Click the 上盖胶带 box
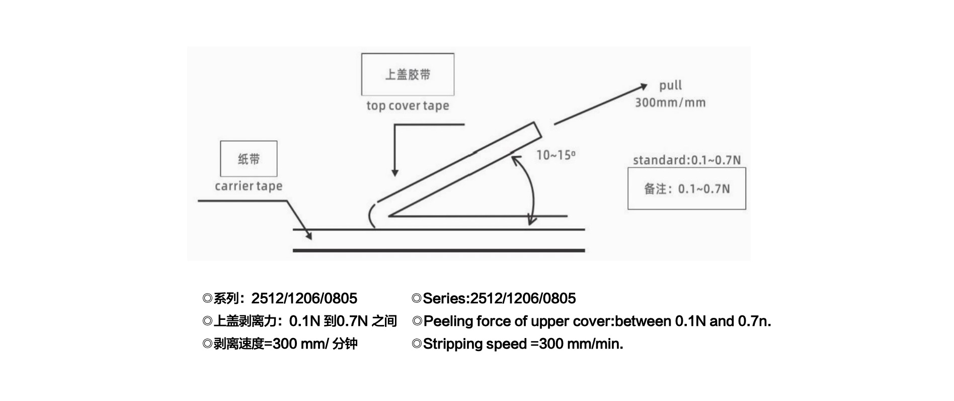(x=408, y=75)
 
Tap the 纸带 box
(x=249, y=159)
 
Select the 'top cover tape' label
(x=408, y=106)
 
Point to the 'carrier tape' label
(x=249, y=186)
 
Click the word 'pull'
(x=670, y=86)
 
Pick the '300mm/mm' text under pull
(x=670, y=103)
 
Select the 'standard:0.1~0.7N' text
(x=686, y=160)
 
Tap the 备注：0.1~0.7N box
(x=686, y=188)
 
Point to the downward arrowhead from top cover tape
(x=395, y=172)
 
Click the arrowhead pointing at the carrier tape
(x=308, y=235)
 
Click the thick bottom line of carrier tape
(x=438, y=250)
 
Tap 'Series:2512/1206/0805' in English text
(x=494, y=299)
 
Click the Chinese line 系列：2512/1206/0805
(x=280, y=299)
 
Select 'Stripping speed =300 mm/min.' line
(x=517, y=344)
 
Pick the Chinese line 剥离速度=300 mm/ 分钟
(x=280, y=344)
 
